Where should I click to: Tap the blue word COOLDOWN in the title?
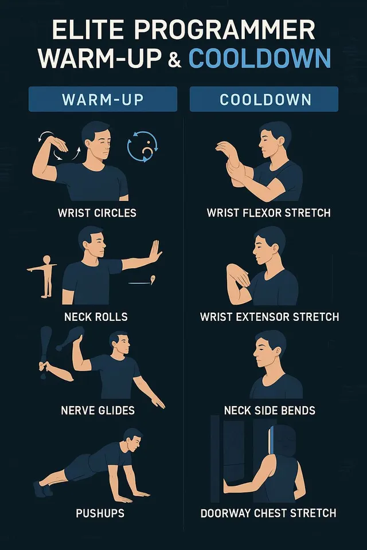260,58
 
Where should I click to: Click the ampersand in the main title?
174,59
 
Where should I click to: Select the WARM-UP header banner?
103,99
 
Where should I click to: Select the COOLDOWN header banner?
264,99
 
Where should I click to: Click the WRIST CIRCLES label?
97,213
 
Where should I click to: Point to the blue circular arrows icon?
142,147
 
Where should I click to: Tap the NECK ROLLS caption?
96,317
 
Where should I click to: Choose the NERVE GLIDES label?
97,410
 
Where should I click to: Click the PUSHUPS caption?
100,513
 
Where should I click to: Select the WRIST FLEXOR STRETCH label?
269,213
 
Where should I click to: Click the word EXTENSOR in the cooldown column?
263,317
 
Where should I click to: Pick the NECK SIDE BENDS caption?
270,410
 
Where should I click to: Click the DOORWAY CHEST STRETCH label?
268,513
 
